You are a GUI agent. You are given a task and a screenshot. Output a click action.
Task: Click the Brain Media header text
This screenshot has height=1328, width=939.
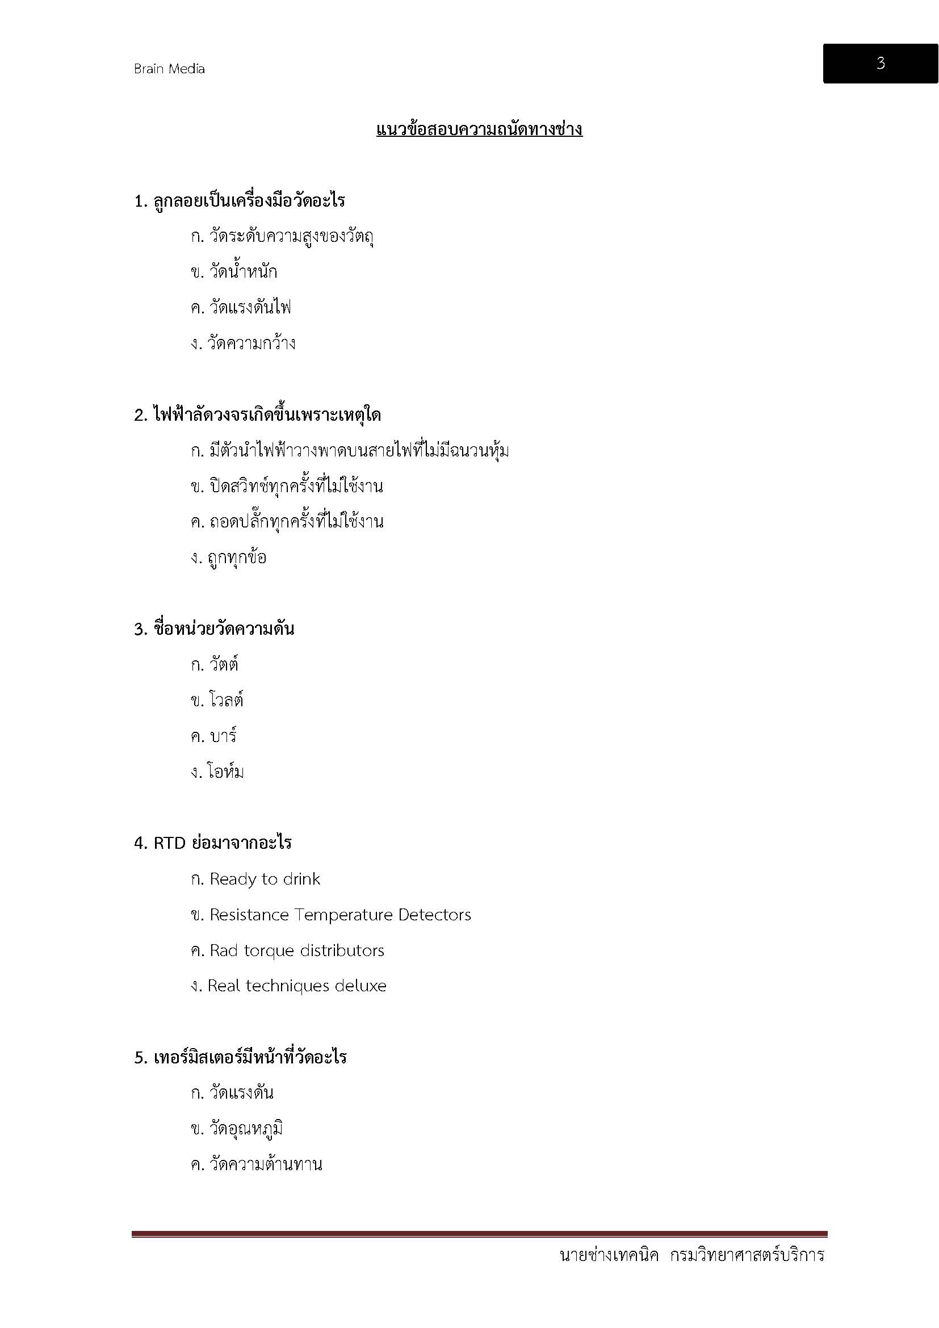169,69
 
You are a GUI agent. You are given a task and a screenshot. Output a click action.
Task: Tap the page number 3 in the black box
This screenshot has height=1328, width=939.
880,63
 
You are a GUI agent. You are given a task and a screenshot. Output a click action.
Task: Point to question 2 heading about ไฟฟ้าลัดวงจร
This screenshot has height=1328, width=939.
257,415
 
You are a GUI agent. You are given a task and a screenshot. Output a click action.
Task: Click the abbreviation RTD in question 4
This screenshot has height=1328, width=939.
169,843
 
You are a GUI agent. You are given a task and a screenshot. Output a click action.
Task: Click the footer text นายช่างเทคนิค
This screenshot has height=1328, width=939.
609,1255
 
